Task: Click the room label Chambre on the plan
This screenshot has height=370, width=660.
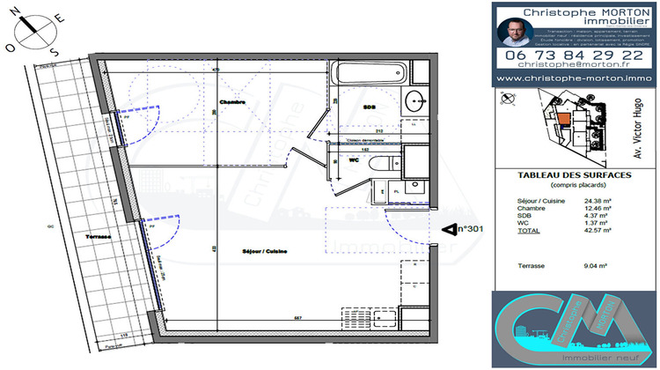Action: tap(232, 102)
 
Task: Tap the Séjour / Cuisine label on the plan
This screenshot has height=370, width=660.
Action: tap(265, 252)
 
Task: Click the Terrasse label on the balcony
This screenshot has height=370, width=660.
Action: tap(99, 238)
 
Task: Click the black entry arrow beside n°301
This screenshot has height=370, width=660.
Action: tap(446, 230)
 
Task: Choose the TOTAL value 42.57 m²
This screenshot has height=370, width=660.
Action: tap(598, 230)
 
